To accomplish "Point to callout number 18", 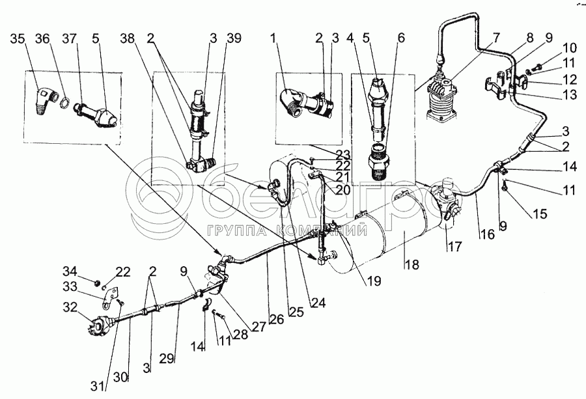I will coord(412,265).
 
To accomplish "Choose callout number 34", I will coord(69,271).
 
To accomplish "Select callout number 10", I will coord(552,48).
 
